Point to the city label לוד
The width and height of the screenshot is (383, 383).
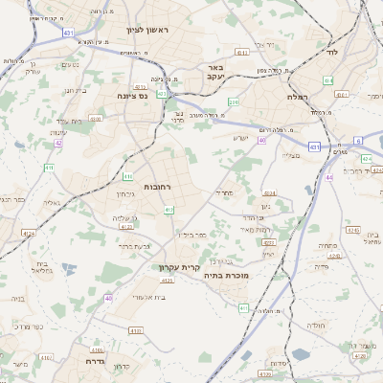point(333,52)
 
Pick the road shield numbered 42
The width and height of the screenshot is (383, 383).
point(57,143)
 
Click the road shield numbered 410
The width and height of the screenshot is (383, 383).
point(127,177)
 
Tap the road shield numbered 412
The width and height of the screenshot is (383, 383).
point(169,210)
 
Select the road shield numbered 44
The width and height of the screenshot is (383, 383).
point(328,177)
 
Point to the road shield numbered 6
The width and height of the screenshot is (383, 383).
point(358,140)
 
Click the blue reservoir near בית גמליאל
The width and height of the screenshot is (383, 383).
point(69,271)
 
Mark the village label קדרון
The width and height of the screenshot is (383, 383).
point(120,367)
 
